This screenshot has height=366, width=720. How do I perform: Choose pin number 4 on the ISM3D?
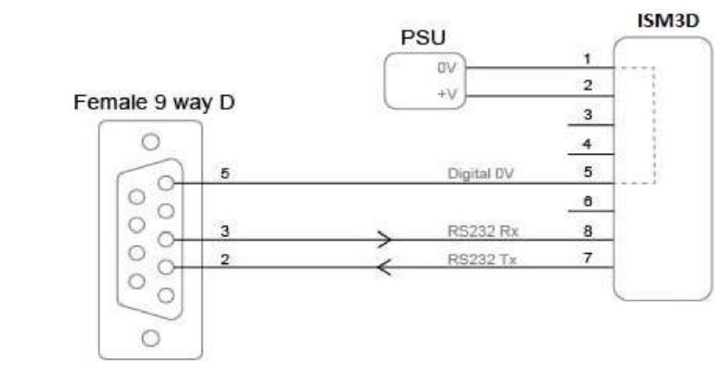(587, 145)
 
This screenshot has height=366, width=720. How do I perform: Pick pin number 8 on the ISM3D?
(587, 232)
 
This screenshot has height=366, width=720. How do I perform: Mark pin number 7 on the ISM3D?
(587, 259)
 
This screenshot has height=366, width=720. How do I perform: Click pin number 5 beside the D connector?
(225, 174)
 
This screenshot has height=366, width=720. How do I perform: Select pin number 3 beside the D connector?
(225, 232)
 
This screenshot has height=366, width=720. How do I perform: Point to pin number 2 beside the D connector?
(225, 259)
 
